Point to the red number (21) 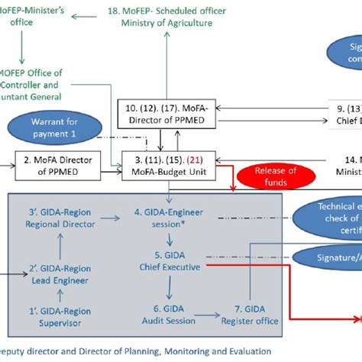pyautogui.click(x=196, y=160)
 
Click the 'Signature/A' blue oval pyautogui.click(x=325, y=257)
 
